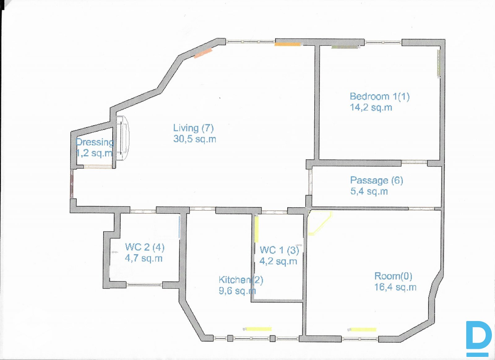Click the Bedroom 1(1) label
pos(380,96)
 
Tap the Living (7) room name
pos(193,128)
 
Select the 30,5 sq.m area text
pos(195,139)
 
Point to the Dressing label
pos(95,142)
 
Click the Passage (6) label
pos(377,180)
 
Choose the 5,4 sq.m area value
pos(369,191)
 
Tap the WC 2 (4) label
pos(145,247)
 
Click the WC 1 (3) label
pos(279,250)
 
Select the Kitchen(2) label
pos(241,280)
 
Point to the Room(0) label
pos(393,276)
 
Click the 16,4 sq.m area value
pos(395,287)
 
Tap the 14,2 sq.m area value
pos(371,108)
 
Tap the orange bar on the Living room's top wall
pos(287,44)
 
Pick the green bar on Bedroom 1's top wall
pos(345,47)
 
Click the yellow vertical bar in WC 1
pos(256,229)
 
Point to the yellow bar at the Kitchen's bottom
pos(259,329)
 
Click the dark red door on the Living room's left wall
pos(71,184)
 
